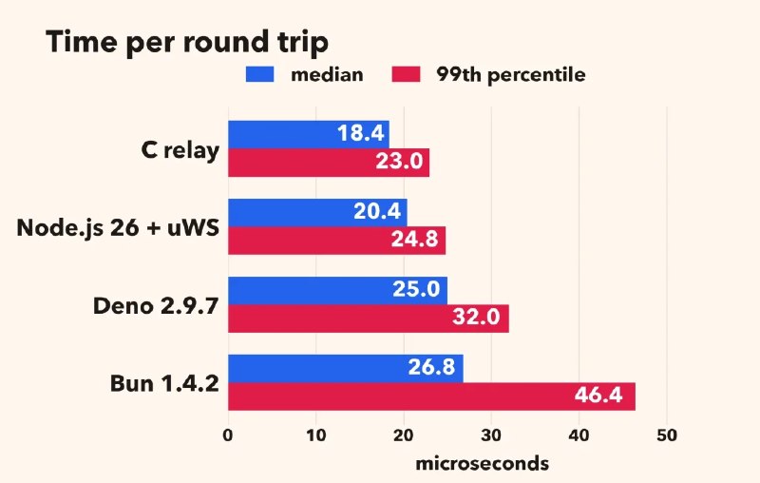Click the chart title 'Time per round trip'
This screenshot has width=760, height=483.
click(x=187, y=43)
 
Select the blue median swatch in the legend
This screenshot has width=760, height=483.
click(x=259, y=74)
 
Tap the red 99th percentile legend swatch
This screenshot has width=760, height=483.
click(x=406, y=74)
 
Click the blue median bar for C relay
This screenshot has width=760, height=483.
click(x=309, y=135)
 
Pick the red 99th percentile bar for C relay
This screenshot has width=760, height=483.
click(x=329, y=163)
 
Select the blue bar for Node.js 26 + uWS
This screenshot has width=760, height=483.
click(x=317, y=212)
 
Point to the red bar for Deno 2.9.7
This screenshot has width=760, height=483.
click(x=369, y=319)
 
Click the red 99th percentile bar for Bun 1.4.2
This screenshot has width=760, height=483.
click(x=432, y=396)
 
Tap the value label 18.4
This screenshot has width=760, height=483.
click(x=361, y=133)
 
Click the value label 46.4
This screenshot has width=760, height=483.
click(x=598, y=396)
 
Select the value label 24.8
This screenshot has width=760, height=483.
click(x=415, y=239)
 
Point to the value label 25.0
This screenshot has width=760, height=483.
click(x=416, y=289)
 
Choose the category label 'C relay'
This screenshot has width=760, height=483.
click(x=180, y=150)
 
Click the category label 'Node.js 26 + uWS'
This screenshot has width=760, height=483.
click(x=118, y=227)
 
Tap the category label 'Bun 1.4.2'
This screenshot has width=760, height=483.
click(x=164, y=383)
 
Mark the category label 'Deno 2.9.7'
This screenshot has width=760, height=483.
click(x=156, y=306)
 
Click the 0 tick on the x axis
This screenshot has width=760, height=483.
click(x=228, y=435)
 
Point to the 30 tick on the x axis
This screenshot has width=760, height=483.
click(x=491, y=435)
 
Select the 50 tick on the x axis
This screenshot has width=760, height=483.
click(x=667, y=435)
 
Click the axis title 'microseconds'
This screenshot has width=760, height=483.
click(x=483, y=464)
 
